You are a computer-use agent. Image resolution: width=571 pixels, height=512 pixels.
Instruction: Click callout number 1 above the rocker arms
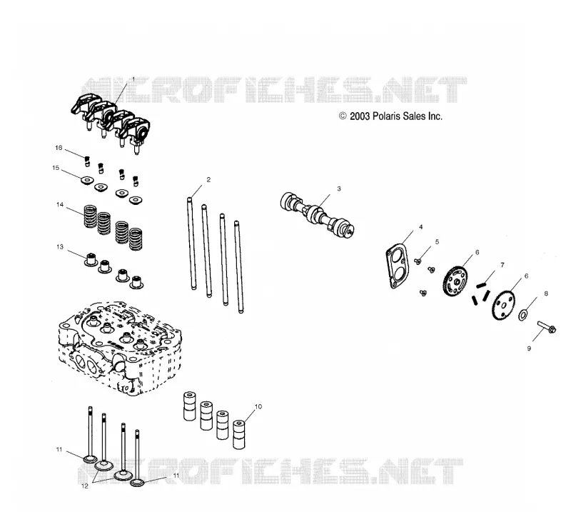point(133,79)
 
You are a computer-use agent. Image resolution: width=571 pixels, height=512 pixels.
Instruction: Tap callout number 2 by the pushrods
point(208,179)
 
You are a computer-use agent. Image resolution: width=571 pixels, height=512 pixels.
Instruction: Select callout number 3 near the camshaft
point(339,189)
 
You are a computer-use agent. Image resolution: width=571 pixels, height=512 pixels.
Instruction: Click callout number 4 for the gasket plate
point(421,226)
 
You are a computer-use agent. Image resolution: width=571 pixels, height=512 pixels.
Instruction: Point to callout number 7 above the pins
point(502,265)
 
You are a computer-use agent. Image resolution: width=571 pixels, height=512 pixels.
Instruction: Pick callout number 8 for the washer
point(546,293)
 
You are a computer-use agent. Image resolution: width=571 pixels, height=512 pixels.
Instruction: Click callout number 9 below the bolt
point(529,348)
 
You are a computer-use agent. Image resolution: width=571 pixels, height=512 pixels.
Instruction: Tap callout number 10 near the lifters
point(258,407)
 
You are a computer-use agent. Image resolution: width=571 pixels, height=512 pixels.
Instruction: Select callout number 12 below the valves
point(85,486)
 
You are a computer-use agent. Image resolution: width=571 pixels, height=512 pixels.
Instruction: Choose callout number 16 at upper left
point(59,148)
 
